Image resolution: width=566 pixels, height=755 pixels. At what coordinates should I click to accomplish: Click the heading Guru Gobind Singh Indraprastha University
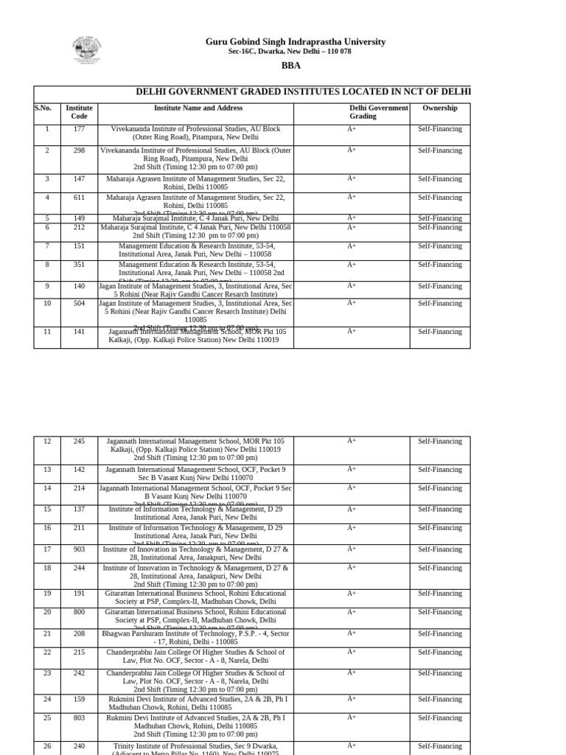295,42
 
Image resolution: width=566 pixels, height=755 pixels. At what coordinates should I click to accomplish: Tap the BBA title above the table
291,66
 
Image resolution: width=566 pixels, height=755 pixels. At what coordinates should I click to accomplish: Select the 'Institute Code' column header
79,112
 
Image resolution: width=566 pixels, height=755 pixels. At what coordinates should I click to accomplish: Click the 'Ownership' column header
439,108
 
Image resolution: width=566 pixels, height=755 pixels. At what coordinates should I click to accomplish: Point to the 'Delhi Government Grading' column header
378,112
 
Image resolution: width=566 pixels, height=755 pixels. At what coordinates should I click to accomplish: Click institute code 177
79,129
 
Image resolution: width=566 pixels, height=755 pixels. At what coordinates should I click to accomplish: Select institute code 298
79,150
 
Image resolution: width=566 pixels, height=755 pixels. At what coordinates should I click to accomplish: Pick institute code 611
79,198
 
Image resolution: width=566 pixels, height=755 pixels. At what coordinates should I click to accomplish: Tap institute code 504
79,303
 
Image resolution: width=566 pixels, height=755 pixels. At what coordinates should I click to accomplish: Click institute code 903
79,549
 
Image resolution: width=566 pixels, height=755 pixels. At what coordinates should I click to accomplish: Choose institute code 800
79,612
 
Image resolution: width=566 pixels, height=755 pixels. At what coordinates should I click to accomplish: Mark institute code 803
79,717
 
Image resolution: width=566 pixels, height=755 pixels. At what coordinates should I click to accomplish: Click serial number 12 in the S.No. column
47,442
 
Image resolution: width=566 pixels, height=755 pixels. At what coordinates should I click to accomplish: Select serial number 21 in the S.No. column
47,633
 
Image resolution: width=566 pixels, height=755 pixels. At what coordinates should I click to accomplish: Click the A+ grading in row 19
352,594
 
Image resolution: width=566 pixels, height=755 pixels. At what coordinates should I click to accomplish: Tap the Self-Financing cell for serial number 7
439,246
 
